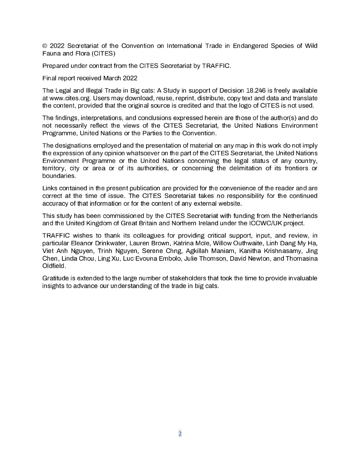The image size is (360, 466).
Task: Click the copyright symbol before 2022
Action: [45, 46]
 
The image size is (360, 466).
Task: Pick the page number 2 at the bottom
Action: [180, 434]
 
